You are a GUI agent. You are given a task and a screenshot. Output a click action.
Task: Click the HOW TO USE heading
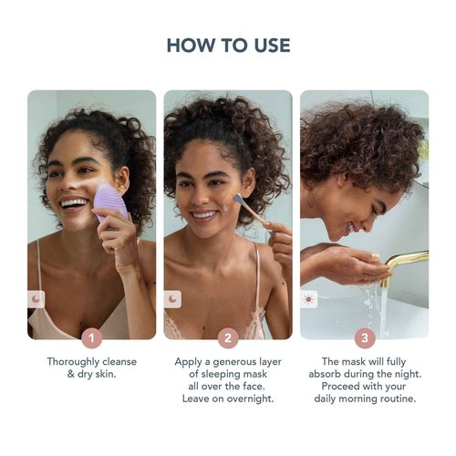228,45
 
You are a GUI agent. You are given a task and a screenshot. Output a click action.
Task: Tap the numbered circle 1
91,338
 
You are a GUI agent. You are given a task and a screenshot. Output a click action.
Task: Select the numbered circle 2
228,338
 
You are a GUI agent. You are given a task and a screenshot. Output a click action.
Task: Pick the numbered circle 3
364,338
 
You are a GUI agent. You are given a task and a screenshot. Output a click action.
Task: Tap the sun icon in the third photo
309,298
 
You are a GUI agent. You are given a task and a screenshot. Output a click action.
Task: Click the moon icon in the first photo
36,298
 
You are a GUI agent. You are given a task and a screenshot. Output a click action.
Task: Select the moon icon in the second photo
173,298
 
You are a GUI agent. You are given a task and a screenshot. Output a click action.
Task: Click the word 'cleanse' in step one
116,361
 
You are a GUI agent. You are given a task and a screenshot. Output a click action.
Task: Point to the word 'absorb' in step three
330,374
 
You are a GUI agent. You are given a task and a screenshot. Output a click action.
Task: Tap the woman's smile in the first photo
72,203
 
